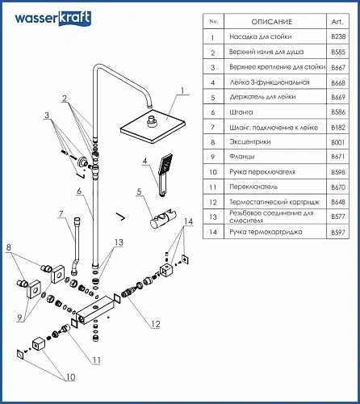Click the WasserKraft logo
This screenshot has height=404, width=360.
(53, 19)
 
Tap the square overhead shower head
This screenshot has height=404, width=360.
(153, 126)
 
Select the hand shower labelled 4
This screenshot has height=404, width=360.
(165, 175)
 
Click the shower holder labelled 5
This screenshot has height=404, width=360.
(164, 218)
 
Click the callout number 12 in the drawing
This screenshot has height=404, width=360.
(156, 324)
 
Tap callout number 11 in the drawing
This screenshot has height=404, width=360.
(97, 360)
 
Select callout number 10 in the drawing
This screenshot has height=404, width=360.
(70, 377)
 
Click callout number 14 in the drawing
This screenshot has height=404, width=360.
(188, 221)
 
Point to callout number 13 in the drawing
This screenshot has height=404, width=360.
(119, 242)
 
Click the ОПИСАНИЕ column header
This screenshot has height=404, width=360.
(271, 22)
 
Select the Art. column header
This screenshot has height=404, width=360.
(337, 22)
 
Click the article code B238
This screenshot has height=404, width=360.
(338, 36)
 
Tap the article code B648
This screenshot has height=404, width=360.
(338, 202)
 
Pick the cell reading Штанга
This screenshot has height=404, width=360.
(241, 112)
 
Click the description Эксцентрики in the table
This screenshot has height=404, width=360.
(250, 141)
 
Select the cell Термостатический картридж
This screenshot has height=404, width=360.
(274, 202)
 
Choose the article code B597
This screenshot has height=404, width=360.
(338, 232)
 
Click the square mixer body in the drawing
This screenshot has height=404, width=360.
(95, 309)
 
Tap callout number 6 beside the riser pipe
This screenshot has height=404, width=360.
(79, 191)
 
